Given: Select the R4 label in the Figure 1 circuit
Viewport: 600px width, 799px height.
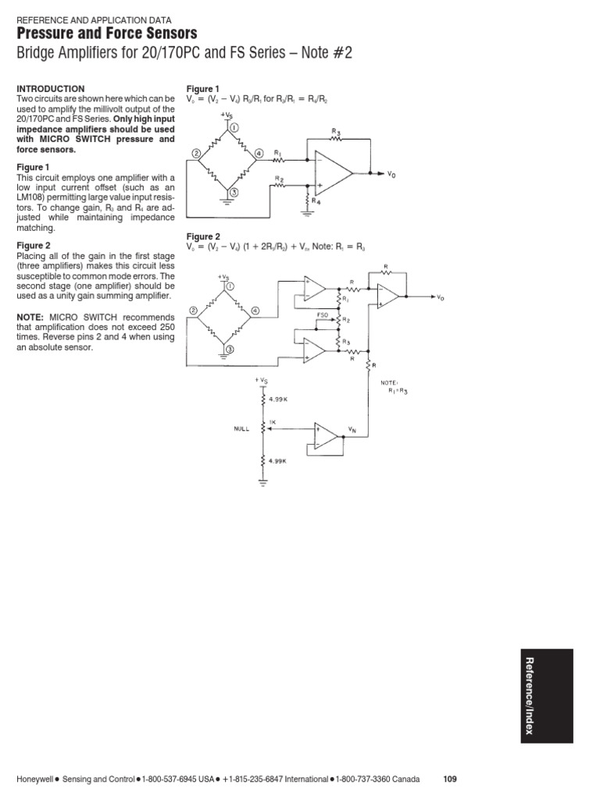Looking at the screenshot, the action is click(x=316, y=201).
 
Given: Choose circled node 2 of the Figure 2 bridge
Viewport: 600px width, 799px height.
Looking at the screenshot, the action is click(x=192, y=312).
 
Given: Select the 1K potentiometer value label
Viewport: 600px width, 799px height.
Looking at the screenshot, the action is click(x=271, y=422).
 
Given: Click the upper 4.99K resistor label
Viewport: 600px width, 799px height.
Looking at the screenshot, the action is click(x=278, y=399).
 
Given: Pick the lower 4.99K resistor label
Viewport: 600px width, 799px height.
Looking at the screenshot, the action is click(x=278, y=460).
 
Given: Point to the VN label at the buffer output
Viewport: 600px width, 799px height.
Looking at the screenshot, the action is click(x=352, y=430).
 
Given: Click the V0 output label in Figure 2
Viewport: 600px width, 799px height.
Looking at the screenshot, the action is click(x=441, y=298).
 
